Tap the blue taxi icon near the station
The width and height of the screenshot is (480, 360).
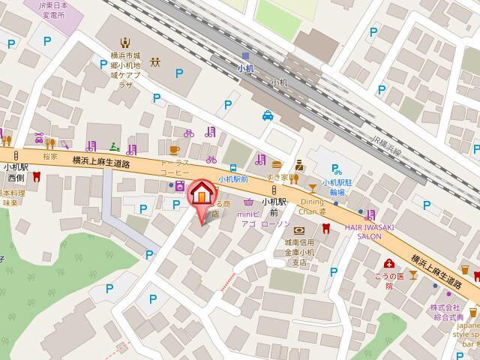click(268, 115)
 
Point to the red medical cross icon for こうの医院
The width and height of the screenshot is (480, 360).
click(389, 263)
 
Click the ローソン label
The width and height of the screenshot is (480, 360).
click(275, 223)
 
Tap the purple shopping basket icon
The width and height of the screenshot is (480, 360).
click(248, 201)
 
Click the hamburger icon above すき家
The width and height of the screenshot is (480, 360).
click(277, 164)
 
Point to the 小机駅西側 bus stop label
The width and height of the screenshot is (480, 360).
click(16, 172)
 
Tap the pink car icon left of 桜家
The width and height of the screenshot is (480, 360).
click(39, 139)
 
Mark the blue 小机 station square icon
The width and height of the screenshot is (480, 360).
click(245, 55)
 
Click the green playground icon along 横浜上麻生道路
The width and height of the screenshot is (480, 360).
click(114, 145)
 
